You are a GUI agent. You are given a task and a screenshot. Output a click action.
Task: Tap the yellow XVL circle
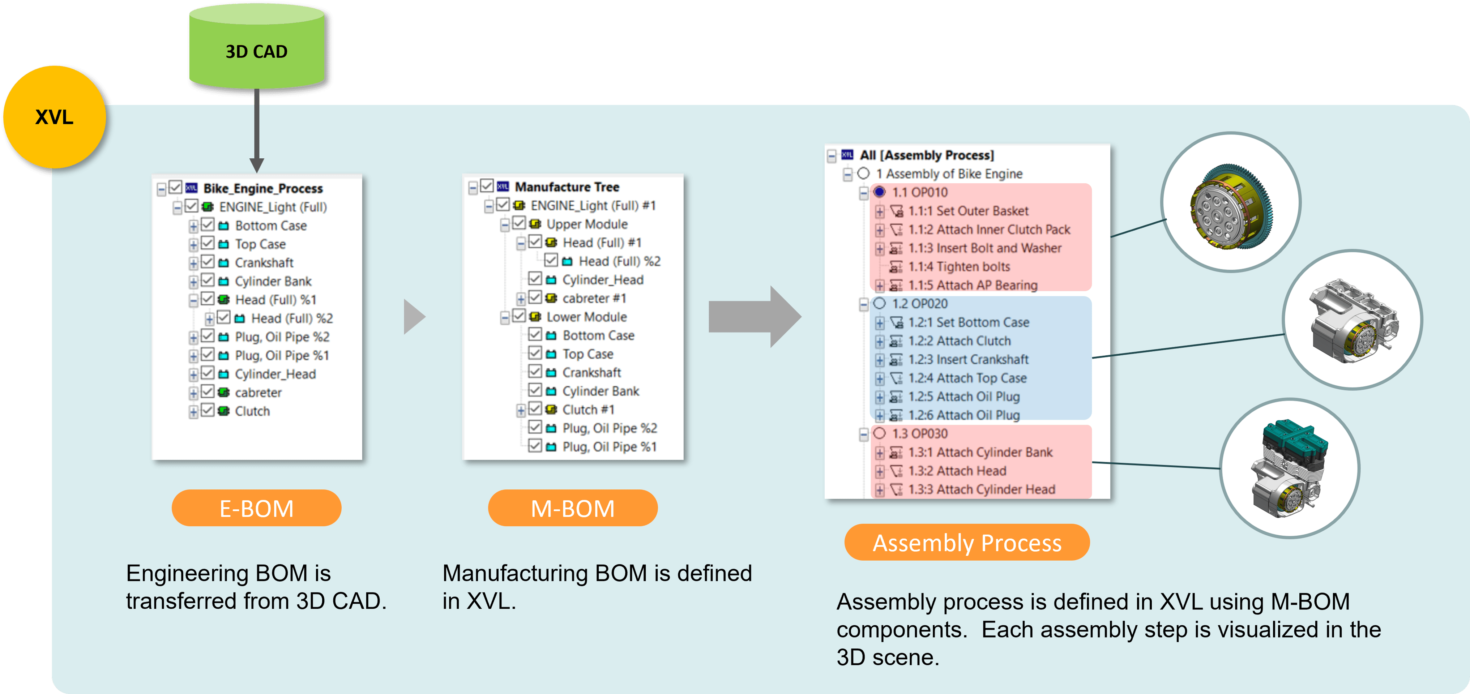click(54, 117)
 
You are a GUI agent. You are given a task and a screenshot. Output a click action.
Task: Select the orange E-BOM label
click(256, 508)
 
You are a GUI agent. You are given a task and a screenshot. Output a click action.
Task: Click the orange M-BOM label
click(572, 508)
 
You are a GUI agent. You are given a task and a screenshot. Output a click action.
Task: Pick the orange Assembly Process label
click(967, 542)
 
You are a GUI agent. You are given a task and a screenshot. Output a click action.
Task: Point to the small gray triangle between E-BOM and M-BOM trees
click(414, 317)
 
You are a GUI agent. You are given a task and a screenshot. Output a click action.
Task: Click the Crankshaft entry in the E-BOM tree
click(264, 262)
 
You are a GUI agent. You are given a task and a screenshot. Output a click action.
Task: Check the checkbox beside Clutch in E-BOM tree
click(208, 410)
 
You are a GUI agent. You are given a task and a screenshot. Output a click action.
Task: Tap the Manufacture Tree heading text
click(567, 187)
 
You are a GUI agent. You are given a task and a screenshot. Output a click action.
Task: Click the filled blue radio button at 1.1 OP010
click(879, 192)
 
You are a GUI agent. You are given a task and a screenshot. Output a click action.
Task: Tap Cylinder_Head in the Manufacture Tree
click(603, 280)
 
